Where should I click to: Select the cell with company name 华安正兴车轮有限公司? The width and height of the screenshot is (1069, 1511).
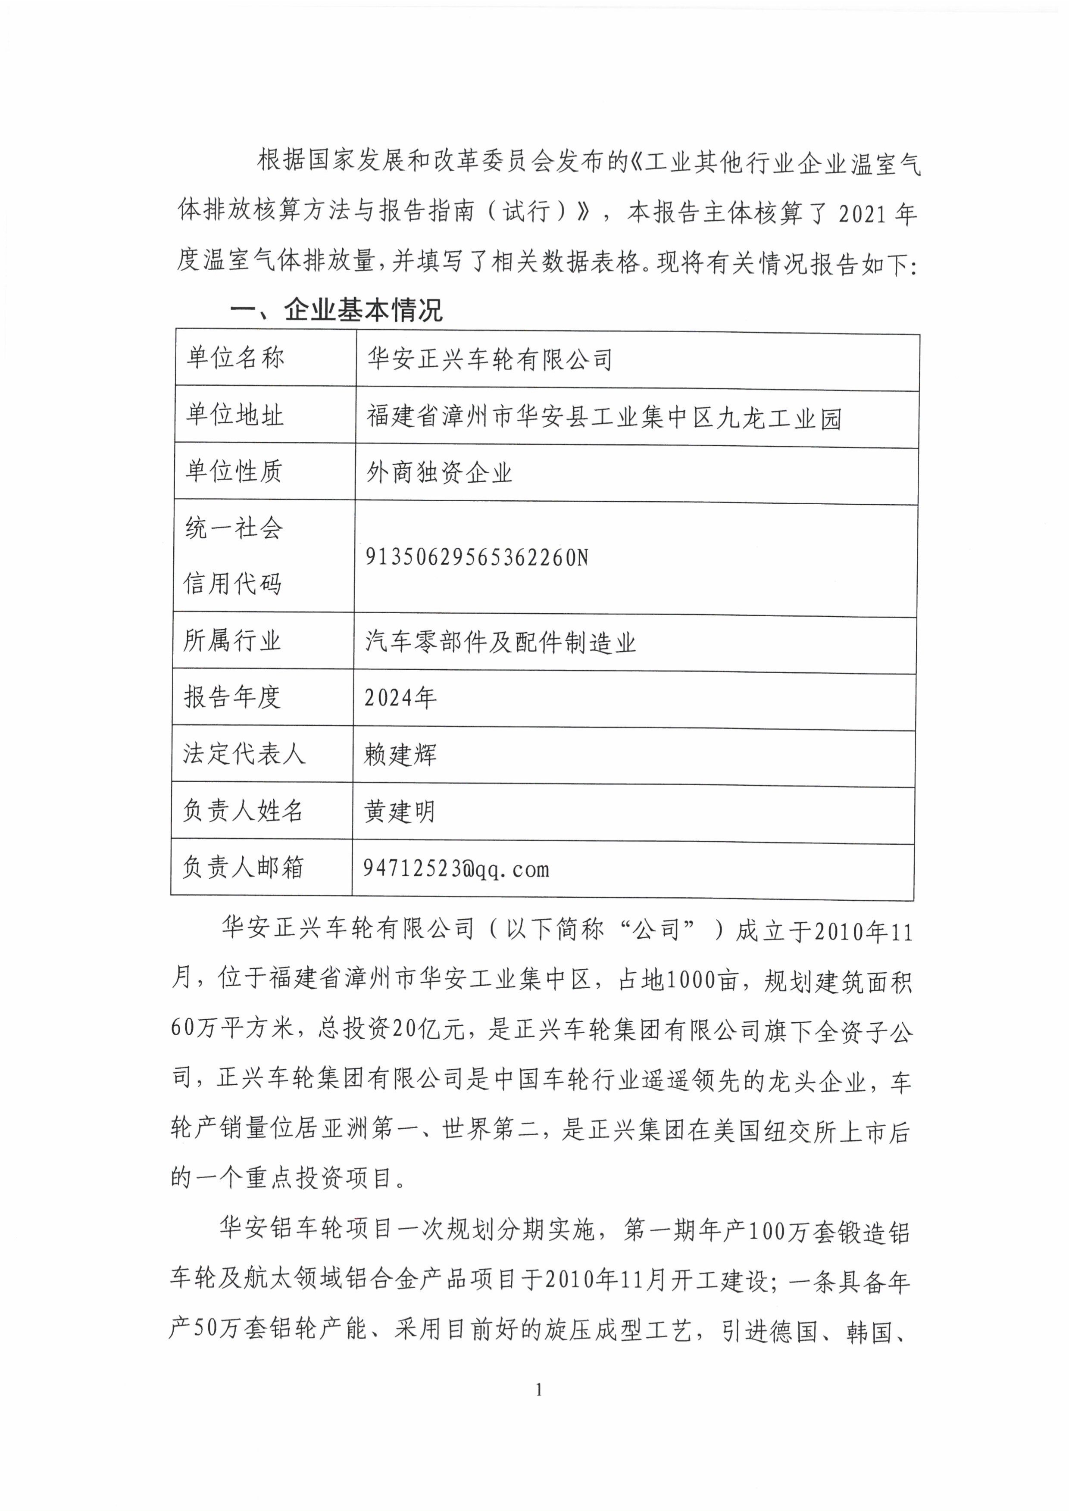(490, 359)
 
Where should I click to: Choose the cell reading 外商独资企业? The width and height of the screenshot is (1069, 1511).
(439, 472)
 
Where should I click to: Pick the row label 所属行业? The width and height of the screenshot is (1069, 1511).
(232, 640)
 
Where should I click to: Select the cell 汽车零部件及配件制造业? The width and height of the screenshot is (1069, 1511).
(500, 642)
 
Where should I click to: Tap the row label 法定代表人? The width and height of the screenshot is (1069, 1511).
(244, 753)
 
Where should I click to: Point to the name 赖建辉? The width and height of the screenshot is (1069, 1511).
(400, 755)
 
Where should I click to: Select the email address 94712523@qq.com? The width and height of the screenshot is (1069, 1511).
(456, 869)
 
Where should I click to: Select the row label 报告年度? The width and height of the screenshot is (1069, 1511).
(232, 697)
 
